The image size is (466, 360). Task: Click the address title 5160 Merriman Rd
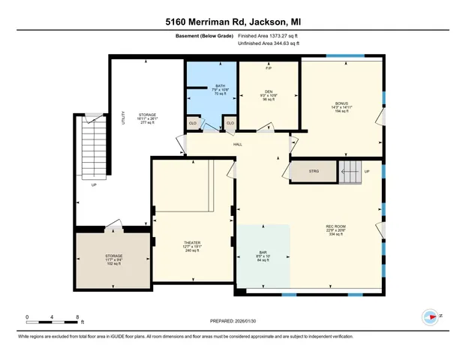click(233, 21)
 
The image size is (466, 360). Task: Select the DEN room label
click(268, 92)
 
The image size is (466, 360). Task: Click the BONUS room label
click(341, 103)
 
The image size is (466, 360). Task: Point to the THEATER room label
click(192, 243)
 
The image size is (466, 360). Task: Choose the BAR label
click(263, 251)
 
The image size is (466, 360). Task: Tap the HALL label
click(237, 144)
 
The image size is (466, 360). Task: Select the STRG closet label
click(314, 171)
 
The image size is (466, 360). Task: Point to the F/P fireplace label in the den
click(268, 70)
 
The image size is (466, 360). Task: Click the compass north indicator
click(431, 316)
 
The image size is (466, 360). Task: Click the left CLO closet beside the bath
click(193, 122)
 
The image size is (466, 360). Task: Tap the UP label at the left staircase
click(94, 184)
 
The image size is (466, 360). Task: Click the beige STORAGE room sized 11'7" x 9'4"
click(113, 258)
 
